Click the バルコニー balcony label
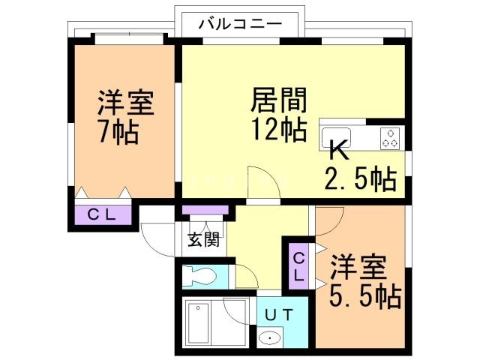tap(240, 23)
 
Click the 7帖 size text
tap(119, 131)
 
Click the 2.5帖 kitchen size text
tap(360, 180)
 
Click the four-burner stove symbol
tap(390, 138)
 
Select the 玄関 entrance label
tap(203, 241)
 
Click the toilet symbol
tap(200, 275)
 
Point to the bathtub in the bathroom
tap(199, 322)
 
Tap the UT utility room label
tap(274, 313)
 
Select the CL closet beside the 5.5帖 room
tap(298, 266)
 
